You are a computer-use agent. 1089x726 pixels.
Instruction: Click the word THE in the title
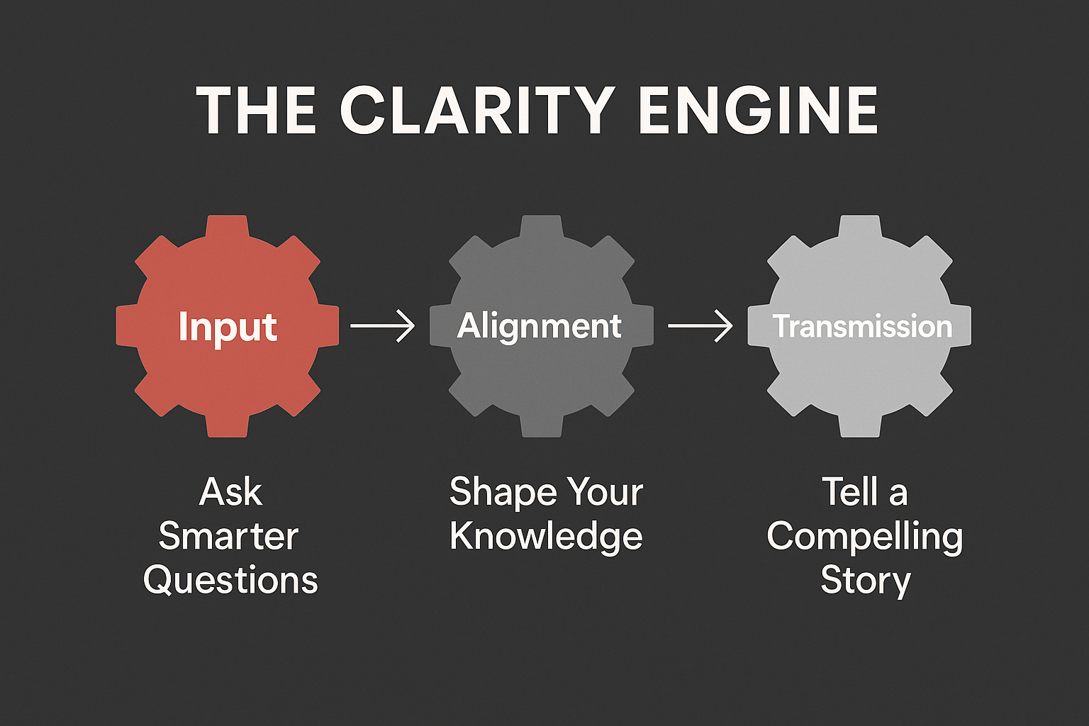256,110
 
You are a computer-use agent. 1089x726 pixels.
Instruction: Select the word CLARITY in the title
477,110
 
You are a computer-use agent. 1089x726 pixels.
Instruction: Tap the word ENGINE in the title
758,110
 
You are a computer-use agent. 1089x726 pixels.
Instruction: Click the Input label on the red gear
228,328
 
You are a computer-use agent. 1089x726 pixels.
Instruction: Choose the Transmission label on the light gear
862,326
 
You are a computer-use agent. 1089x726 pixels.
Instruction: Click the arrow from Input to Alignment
383,326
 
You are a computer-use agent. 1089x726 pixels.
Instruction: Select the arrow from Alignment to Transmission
700,326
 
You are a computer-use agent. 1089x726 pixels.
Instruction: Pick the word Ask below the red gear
231,492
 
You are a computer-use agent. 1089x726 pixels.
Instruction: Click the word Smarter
228,537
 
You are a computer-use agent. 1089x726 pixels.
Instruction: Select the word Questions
230,581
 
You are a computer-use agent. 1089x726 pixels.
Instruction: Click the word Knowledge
546,537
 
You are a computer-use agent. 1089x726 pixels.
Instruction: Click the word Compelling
865,537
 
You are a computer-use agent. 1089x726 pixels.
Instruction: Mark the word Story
866,581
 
